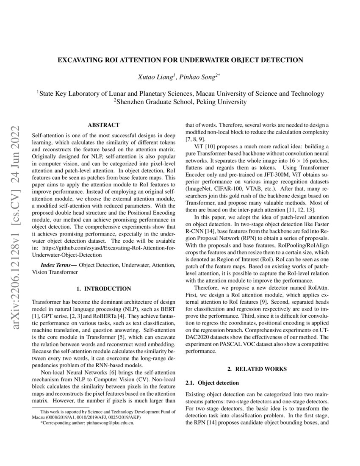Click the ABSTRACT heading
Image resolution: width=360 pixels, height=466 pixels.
click(x=103, y=125)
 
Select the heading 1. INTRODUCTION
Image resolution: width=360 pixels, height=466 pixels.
click(x=103, y=288)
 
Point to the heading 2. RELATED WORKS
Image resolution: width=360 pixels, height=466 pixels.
click(x=257, y=369)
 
